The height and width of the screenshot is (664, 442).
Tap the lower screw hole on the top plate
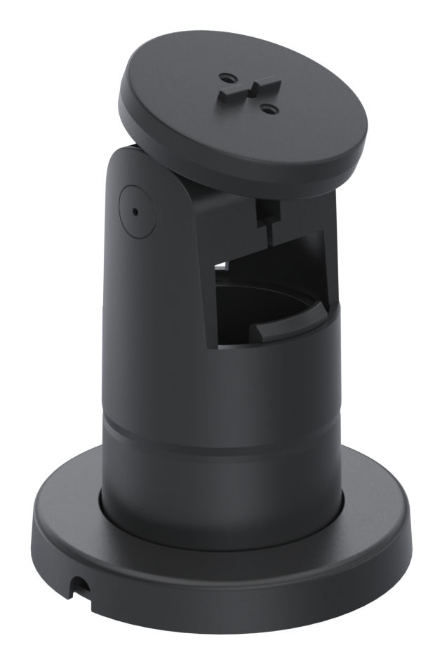coord(267,108)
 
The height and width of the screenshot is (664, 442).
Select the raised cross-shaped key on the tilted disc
coord(247,92)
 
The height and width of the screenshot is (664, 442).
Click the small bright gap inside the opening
coord(222,265)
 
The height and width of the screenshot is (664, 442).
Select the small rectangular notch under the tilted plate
coord(267,208)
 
